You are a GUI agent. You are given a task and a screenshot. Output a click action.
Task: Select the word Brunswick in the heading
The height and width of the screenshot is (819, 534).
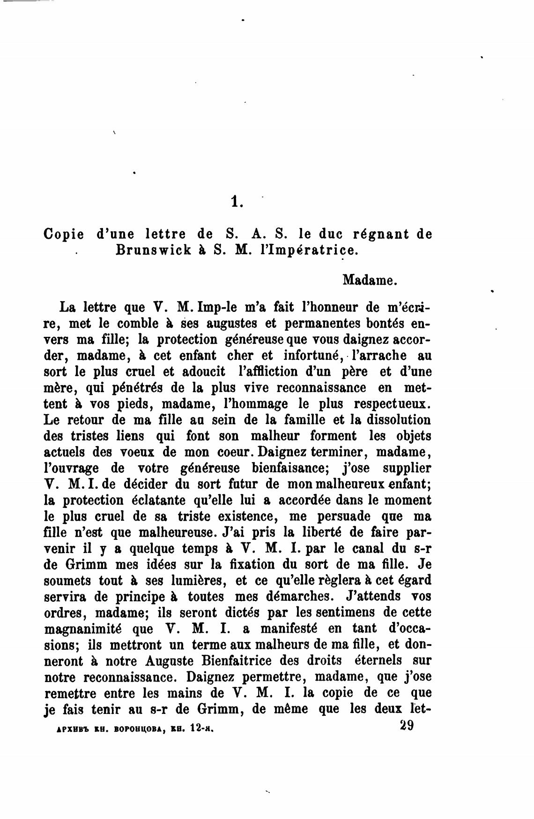point(154,250)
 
